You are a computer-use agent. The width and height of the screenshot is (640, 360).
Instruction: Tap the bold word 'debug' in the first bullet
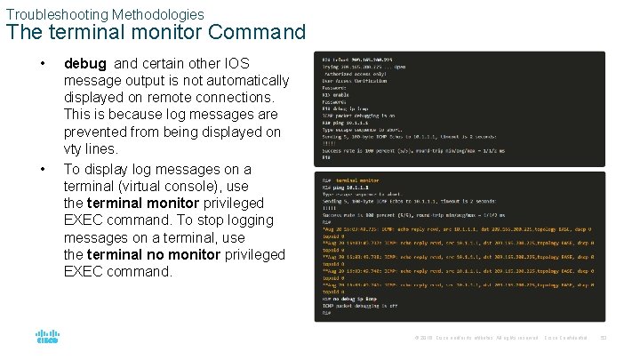(85, 64)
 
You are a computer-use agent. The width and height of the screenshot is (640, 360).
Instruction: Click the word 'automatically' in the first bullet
(244, 81)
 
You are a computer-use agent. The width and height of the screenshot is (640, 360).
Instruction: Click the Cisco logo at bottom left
(47, 338)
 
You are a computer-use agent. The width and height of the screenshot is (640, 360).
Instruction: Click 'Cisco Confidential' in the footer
(566, 339)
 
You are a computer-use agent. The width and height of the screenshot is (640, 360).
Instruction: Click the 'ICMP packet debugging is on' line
(358, 115)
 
